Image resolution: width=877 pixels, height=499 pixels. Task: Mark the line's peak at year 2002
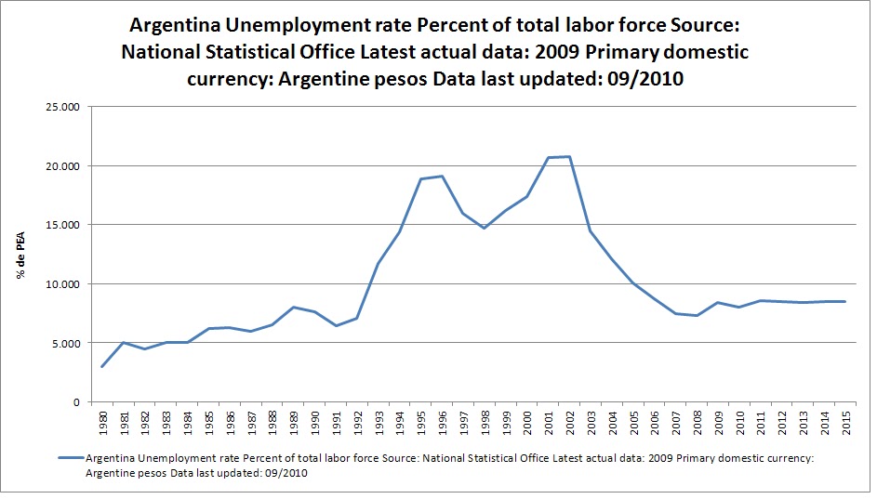tap(569, 157)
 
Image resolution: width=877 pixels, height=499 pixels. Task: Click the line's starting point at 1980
tap(102, 366)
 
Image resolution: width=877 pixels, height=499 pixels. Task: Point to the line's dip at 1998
tap(484, 228)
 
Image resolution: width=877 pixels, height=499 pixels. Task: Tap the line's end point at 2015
tap(844, 301)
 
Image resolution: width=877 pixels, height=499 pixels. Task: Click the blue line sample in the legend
tap(70, 458)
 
